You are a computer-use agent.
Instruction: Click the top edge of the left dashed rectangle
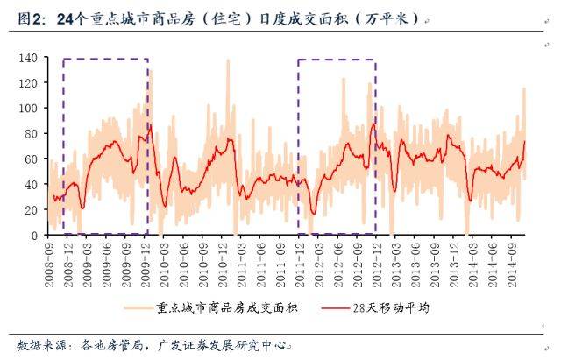point(105,60)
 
